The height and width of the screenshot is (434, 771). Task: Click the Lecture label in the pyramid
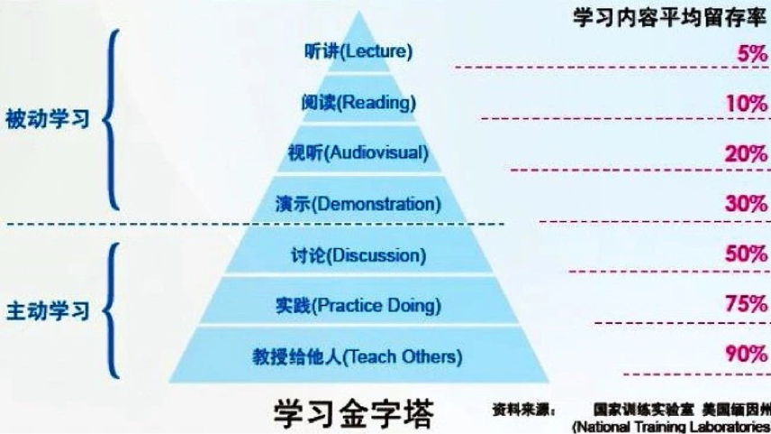click(x=358, y=51)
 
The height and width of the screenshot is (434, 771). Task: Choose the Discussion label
click(x=358, y=254)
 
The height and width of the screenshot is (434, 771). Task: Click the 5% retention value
click(x=749, y=53)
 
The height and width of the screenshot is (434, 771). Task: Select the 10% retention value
click(x=745, y=104)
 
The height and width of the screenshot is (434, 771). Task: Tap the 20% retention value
click(x=745, y=154)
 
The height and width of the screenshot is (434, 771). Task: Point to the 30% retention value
click(x=745, y=204)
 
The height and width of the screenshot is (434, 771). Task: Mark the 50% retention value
click(x=745, y=254)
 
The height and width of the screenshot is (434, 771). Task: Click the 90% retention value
click(x=745, y=355)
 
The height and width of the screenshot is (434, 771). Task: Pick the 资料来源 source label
click(x=522, y=407)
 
